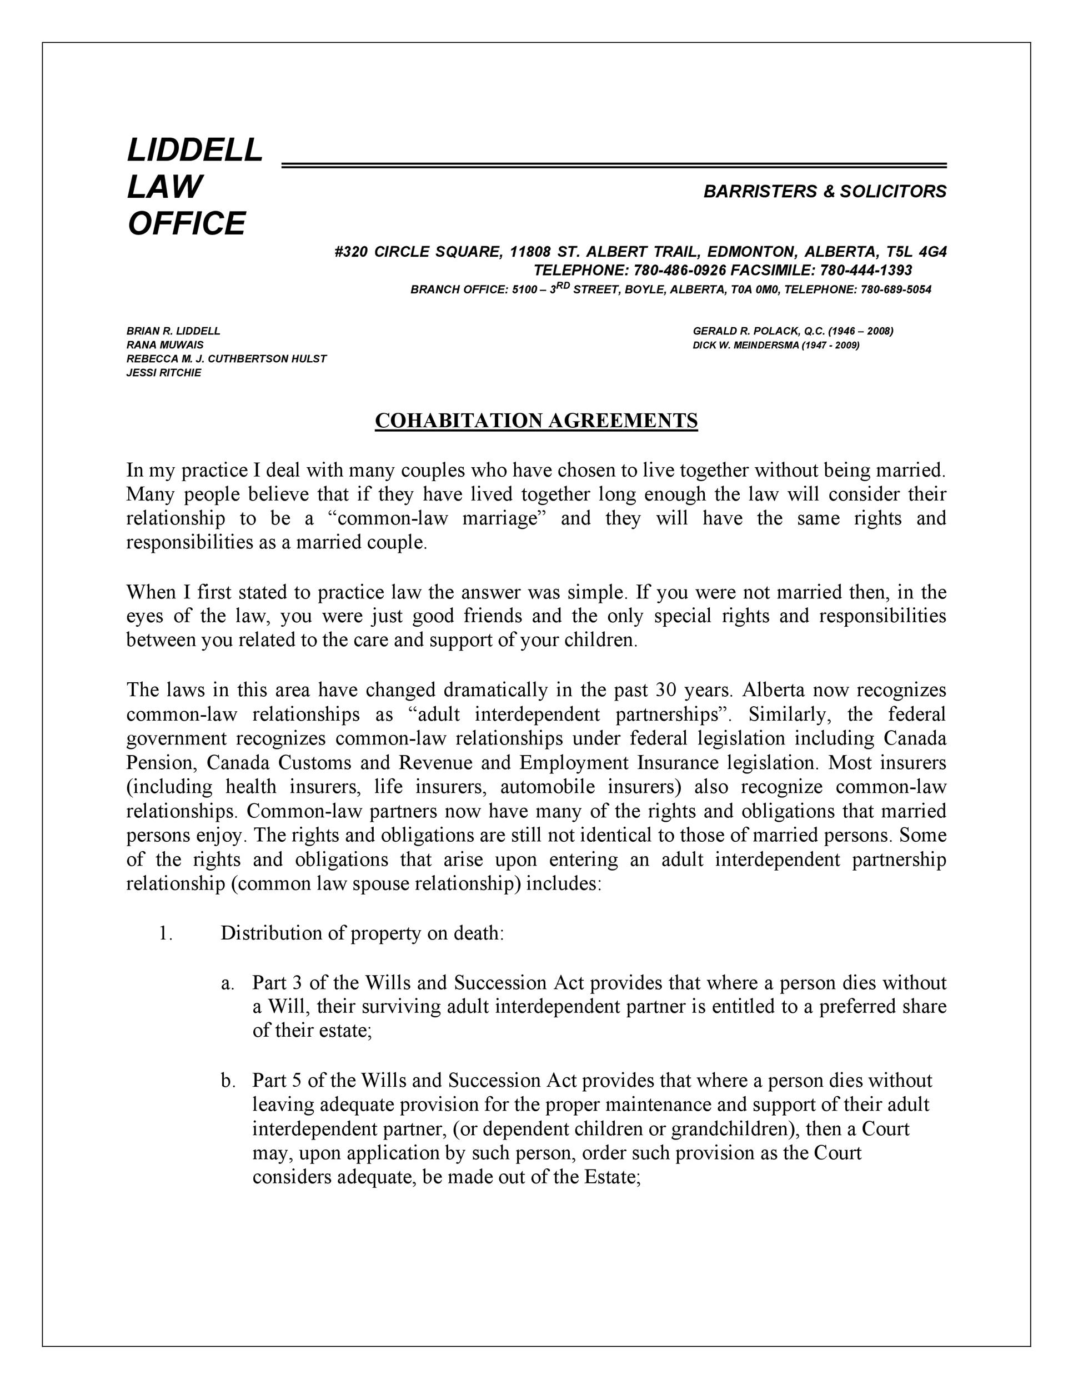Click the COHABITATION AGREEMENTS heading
(536, 421)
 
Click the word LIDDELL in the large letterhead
(195, 150)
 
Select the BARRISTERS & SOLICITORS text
(824, 192)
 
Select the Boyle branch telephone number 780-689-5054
(896, 290)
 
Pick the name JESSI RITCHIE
(163, 373)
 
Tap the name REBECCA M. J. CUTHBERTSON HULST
(226, 359)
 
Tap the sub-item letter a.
(228, 983)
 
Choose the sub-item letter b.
(228, 1081)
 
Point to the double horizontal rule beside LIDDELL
(613, 166)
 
